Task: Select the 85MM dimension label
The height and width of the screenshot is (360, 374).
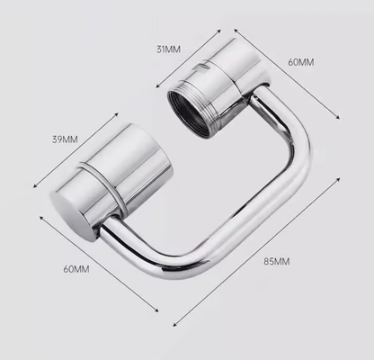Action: coord(276,262)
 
